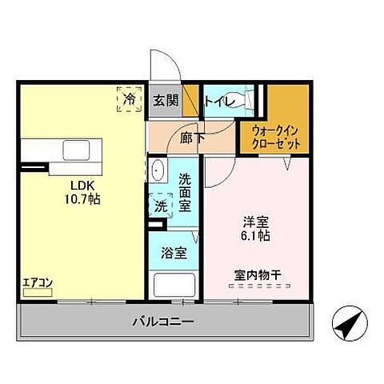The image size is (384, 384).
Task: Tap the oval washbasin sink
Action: [157, 172]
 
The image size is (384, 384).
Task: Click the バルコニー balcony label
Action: [163, 322]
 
